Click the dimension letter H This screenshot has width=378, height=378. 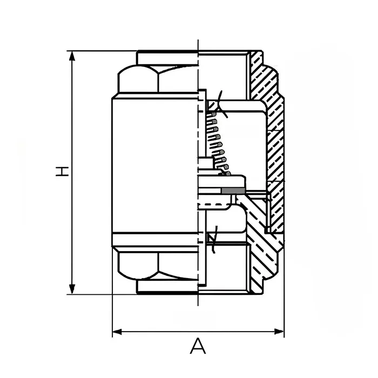pos(63,172)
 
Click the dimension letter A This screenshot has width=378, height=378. pos(198,346)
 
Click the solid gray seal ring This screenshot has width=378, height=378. pos(231,191)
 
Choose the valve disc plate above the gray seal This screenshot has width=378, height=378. pos(221,180)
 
